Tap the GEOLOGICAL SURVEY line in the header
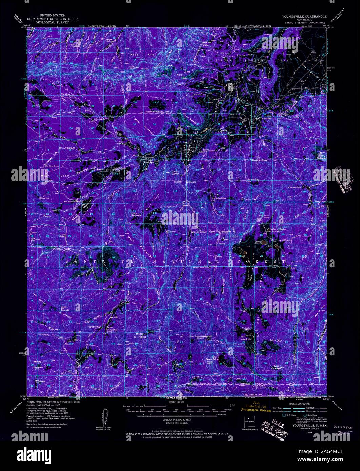[x=53, y=23]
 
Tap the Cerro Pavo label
[x=276, y=340]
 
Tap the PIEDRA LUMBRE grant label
[x=241, y=60]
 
